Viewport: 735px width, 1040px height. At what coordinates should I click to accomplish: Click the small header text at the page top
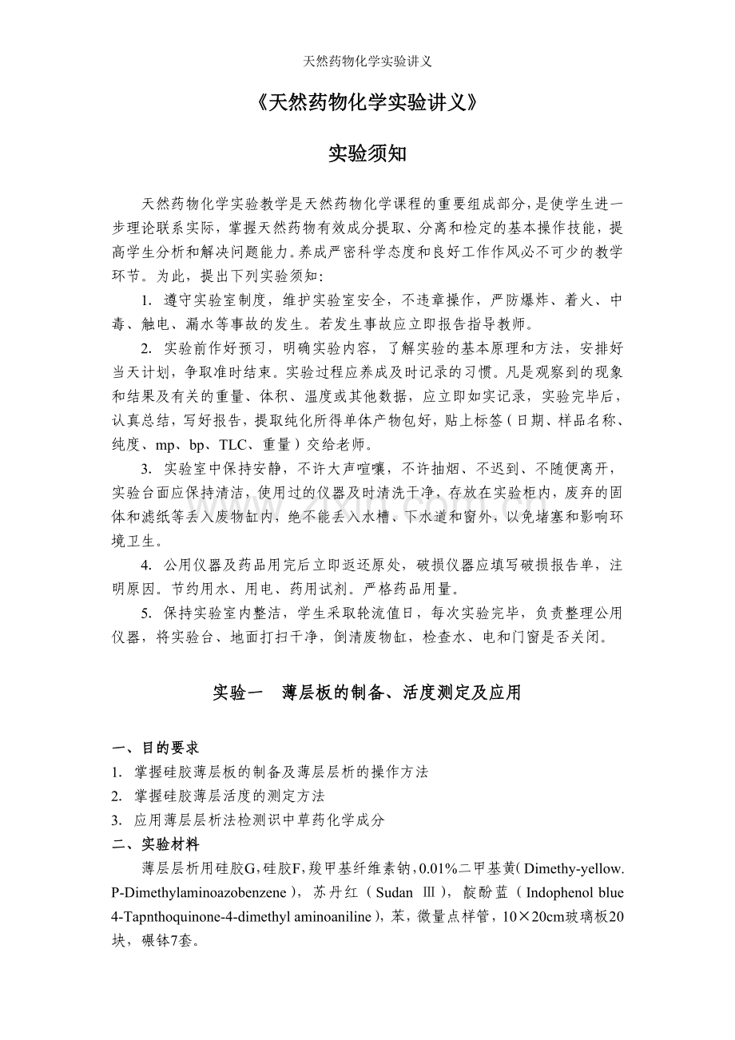coord(367,62)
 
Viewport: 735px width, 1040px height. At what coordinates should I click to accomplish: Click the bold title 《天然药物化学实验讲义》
coord(367,103)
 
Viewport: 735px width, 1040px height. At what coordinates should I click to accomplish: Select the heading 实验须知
coord(367,154)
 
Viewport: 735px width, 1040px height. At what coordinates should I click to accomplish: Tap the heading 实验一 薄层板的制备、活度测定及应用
coord(367,693)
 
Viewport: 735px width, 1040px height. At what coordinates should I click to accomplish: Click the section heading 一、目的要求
coord(155,748)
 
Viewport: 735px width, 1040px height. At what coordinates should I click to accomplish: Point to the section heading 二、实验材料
coord(155,844)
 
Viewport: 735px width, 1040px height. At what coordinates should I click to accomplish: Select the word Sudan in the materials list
coord(394,892)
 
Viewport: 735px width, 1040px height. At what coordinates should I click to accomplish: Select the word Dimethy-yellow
coord(576,868)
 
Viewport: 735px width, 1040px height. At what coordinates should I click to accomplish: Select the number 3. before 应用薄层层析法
coord(117,820)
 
